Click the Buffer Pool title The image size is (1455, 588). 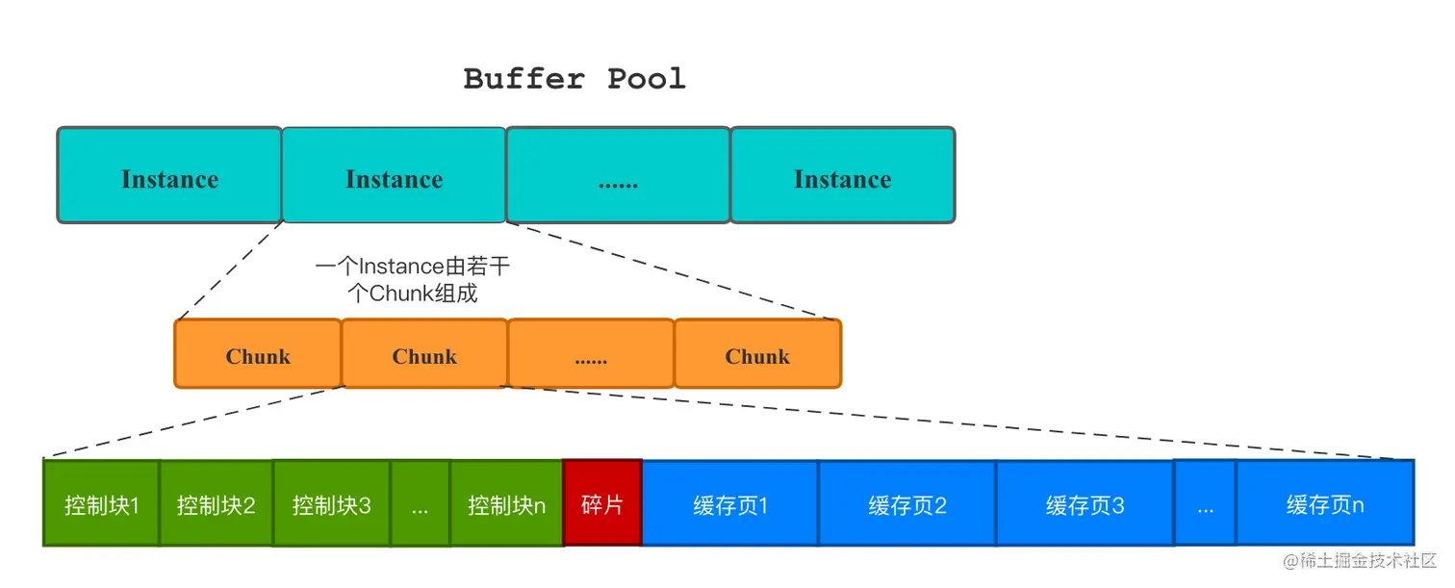(574, 79)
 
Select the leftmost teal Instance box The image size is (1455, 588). (169, 176)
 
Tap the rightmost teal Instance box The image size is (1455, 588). (842, 176)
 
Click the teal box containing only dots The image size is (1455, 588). (618, 176)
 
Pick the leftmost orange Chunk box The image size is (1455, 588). (258, 354)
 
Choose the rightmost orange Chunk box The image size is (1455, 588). (757, 354)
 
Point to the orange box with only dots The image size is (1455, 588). (591, 354)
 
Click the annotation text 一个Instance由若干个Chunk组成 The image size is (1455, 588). (412, 280)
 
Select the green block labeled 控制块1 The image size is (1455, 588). (101, 503)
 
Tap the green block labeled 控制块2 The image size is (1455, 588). (216, 503)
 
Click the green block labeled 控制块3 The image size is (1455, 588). (332, 503)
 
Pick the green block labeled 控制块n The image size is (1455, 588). (506, 503)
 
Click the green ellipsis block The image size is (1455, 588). (421, 503)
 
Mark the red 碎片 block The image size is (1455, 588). (602, 503)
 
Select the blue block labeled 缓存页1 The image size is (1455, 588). (730, 503)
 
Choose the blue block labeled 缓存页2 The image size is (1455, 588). (907, 503)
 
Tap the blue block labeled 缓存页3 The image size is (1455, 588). (1085, 503)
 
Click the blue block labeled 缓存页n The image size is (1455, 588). (1325, 503)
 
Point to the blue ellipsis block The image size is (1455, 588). (1205, 503)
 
